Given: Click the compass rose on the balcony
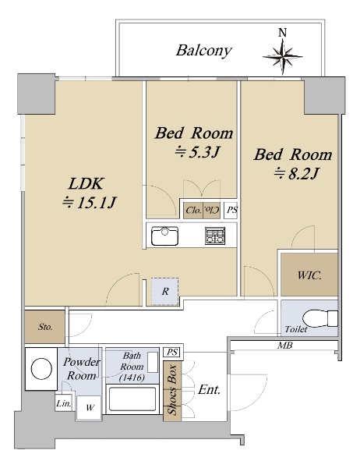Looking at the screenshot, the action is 282,56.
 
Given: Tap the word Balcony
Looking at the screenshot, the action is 204,51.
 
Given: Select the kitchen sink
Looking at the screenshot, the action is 164,236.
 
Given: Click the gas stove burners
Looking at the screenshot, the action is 215,236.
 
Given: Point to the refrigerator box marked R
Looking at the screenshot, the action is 164,292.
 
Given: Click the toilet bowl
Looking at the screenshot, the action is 319,318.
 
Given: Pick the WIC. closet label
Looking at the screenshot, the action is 309,275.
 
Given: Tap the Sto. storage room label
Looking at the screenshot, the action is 45,327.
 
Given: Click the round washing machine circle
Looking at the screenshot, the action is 41,369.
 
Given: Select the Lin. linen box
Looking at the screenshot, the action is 64,403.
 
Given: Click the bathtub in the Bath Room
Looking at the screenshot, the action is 132,399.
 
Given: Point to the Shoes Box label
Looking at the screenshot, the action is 172,389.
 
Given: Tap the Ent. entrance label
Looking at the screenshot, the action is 209,389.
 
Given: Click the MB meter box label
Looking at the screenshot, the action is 285,346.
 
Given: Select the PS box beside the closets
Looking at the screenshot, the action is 231,211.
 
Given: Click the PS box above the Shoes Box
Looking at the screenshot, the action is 171,353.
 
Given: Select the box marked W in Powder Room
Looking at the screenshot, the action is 89,407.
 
